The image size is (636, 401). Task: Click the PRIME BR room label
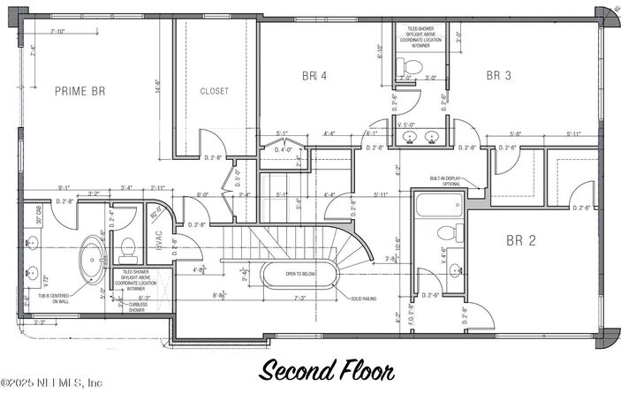81,90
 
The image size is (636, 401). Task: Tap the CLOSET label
214,91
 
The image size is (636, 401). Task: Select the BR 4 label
314,77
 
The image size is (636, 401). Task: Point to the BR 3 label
499,76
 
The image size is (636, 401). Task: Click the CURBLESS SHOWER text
137,307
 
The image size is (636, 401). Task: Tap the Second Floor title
326,370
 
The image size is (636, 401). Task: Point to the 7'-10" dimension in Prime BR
59,31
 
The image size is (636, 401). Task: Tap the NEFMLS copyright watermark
53,382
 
